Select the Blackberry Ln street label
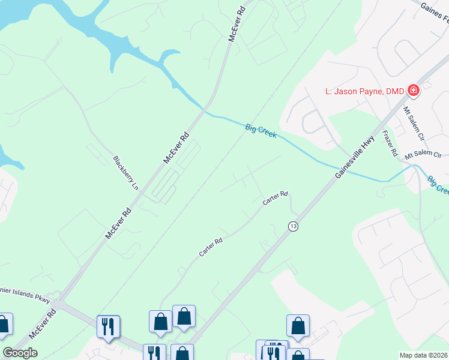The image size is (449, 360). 125,173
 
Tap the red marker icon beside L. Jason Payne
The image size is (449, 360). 413,91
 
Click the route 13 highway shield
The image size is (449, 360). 292,226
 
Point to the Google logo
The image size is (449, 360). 20,353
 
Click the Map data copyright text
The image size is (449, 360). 424,355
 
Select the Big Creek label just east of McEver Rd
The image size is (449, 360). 261,130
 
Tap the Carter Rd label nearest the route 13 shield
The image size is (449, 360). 276,198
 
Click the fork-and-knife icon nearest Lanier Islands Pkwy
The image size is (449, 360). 108,326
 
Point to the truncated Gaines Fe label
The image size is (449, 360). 435,9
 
